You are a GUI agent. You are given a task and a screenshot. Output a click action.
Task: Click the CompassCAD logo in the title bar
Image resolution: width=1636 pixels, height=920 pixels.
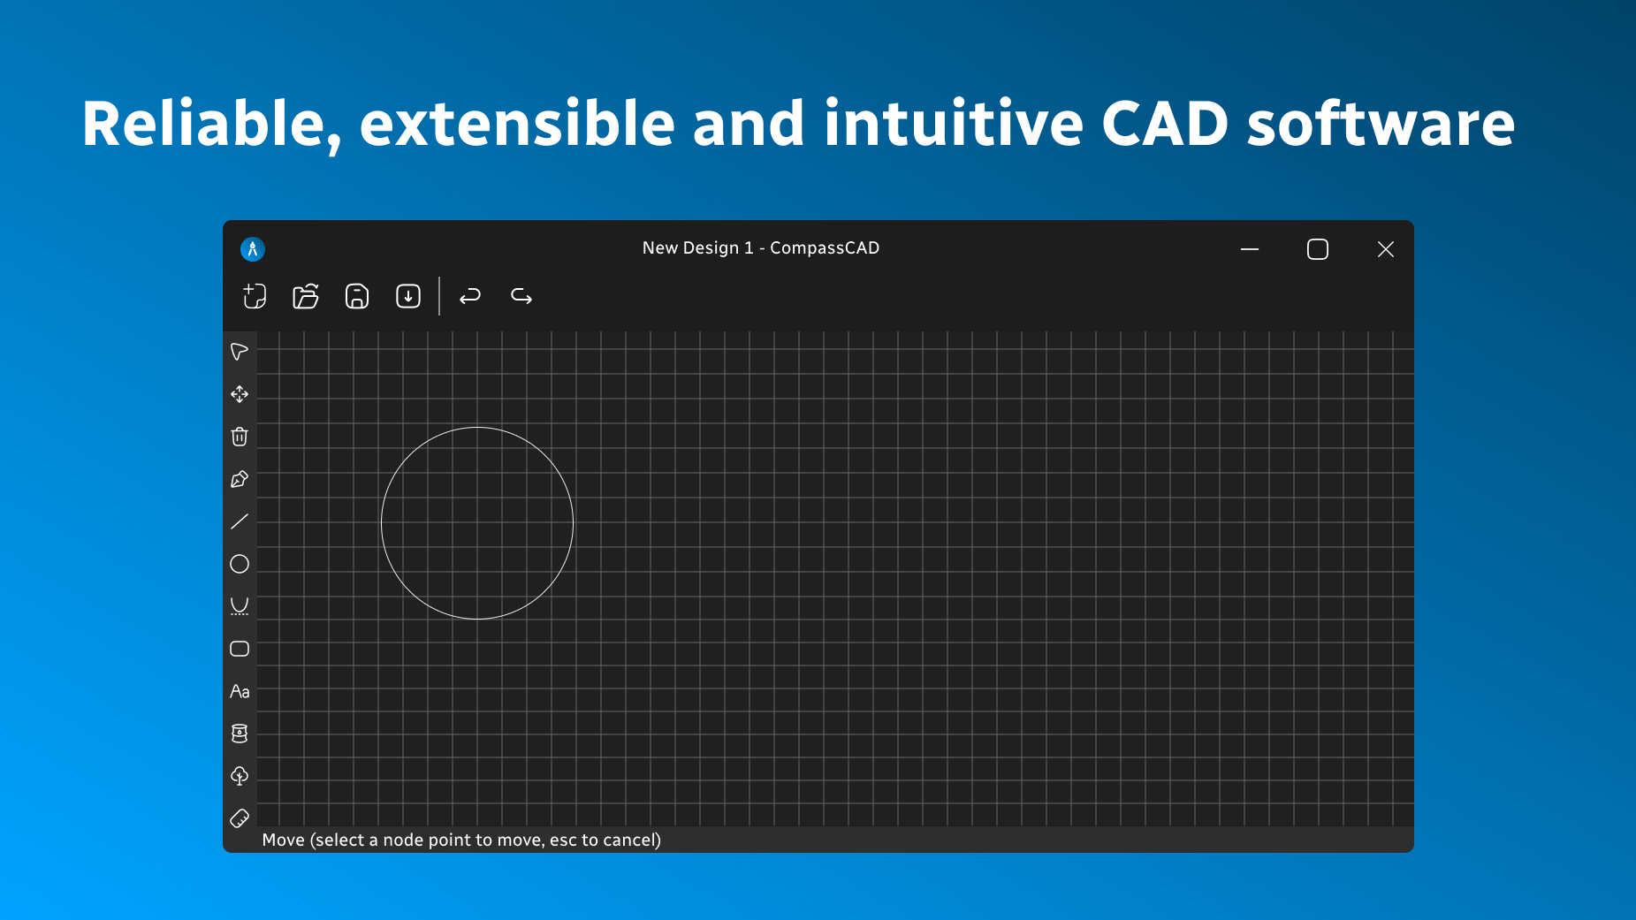tap(253, 249)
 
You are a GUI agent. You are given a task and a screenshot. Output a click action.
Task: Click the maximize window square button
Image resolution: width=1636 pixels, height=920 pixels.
tap(1317, 249)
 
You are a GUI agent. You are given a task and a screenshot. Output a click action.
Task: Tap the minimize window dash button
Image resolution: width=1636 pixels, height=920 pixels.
tap(1249, 249)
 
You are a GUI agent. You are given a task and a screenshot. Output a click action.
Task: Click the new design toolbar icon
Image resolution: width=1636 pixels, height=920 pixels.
tap(255, 296)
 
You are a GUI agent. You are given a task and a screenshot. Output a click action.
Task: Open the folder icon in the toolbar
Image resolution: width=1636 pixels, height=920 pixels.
tap(306, 296)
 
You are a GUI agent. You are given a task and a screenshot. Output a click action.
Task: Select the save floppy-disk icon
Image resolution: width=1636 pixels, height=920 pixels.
tap(357, 296)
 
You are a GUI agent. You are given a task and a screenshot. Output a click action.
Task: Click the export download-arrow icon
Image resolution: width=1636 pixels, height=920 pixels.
tap(408, 296)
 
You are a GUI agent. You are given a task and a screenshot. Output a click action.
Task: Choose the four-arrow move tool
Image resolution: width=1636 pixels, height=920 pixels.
tap(240, 394)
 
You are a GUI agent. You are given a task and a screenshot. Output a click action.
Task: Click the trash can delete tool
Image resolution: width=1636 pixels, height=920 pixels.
tap(240, 437)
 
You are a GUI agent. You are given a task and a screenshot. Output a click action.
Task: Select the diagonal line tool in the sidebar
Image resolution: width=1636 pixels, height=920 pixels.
tap(240, 521)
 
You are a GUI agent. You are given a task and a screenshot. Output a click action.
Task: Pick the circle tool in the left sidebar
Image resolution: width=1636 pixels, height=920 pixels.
tap(240, 564)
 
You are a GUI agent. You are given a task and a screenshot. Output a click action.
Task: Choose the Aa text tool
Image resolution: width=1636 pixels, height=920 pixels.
tap(240, 691)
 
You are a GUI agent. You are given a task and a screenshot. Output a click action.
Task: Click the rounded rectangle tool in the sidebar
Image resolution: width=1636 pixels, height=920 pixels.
tap(240, 649)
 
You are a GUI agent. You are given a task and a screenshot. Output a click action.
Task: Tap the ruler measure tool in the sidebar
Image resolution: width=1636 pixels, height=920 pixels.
tap(240, 818)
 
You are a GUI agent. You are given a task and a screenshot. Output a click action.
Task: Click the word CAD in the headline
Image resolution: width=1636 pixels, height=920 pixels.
tap(1165, 124)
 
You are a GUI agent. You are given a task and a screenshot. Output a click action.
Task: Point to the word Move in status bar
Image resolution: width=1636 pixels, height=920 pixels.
tap(283, 840)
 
